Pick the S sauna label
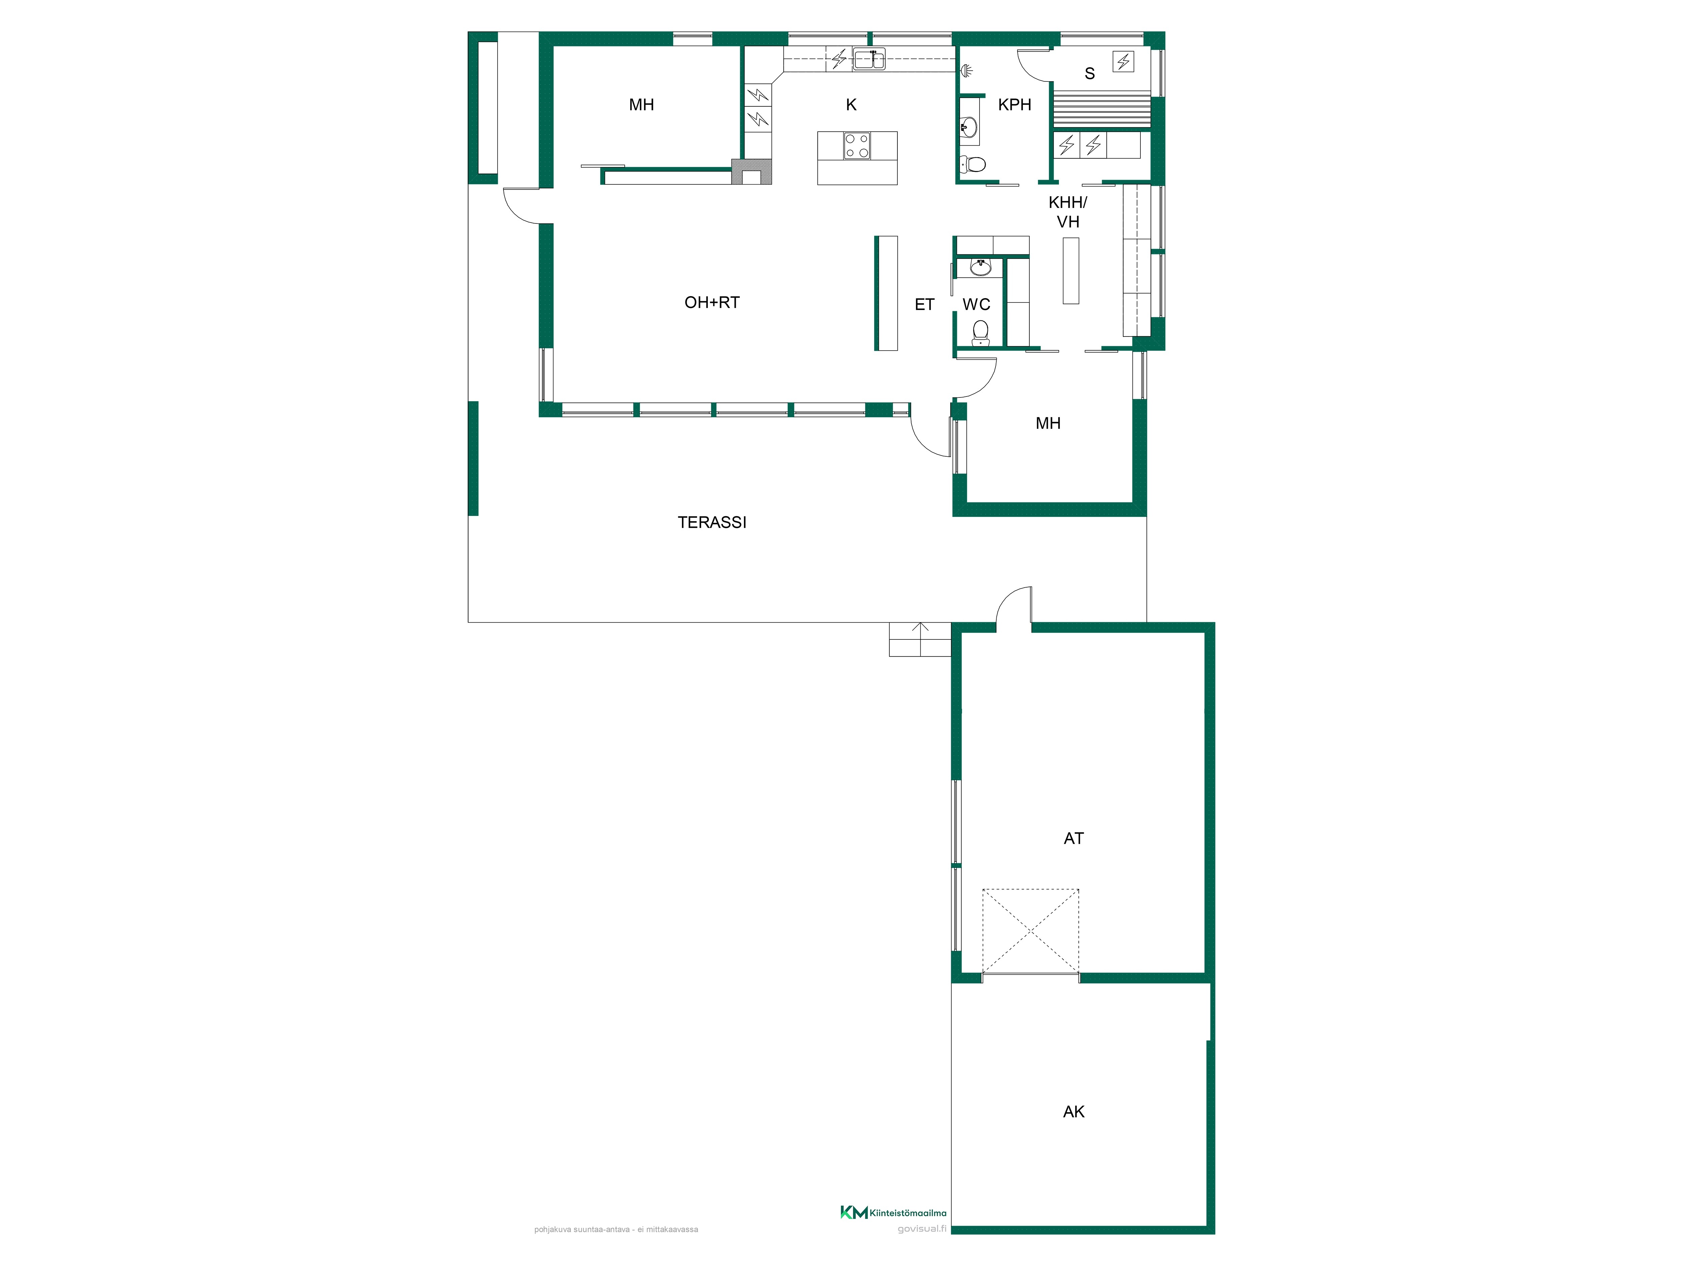click(1090, 74)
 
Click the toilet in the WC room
click(981, 332)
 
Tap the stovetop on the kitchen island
click(857, 145)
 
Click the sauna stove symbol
click(1123, 61)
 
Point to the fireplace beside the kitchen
click(752, 172)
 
